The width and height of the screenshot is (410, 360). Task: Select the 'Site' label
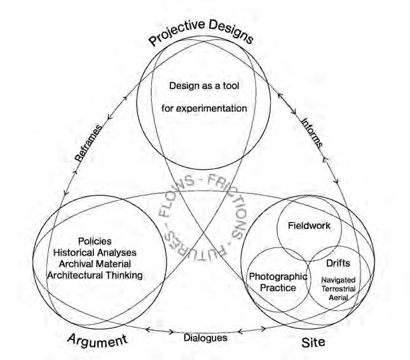[x=312, y=343]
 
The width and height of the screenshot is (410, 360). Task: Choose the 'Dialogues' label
[x=205, y=338]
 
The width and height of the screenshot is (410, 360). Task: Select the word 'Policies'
[x=95, y=241]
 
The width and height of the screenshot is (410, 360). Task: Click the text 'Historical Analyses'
[x=95, y=253]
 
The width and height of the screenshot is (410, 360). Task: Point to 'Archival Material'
[x=95, y=263]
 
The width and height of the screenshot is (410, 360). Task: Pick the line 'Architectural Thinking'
[x=95, y=275]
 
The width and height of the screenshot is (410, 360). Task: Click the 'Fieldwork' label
[x=309, y=225]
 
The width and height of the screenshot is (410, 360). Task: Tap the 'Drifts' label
[x=337, y=263]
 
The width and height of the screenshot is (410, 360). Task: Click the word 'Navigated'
[x=338, y=279]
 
